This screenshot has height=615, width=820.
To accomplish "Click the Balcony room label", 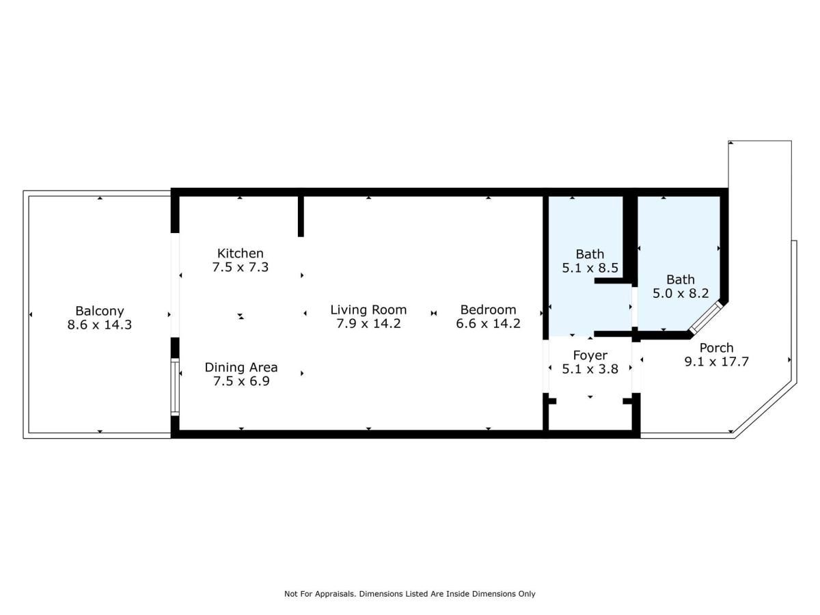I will click(100, 311).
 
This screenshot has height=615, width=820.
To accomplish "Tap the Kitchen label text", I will click(240, 254).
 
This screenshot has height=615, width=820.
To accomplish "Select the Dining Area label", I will click(241, 368).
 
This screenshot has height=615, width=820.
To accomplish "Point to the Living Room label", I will click(368, 310).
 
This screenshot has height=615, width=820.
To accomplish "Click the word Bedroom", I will click(488, 310).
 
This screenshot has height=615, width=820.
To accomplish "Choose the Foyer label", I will click(590, 355).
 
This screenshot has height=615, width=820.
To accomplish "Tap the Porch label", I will click(716, 348).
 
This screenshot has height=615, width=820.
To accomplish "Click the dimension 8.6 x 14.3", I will click(100, 325).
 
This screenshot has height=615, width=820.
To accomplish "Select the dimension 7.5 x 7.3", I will click(240, 267).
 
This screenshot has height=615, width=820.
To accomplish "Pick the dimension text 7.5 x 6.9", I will click(241, 381).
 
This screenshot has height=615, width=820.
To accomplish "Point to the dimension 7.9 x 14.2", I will click(368, 323).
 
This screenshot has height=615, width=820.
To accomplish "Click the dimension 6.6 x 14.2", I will click(488, 323).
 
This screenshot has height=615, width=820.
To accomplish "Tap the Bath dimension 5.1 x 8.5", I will click(590, 269).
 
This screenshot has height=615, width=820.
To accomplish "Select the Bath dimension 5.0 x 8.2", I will click(680, 293).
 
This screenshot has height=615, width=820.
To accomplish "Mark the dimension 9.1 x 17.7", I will click(716, 361).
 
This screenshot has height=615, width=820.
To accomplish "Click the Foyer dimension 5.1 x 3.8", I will click(590, 369).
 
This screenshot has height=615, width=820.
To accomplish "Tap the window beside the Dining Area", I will click(175, 387).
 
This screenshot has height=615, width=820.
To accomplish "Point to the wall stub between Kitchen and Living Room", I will click(301, 215).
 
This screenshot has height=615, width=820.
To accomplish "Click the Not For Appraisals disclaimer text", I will click(409, 594).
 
